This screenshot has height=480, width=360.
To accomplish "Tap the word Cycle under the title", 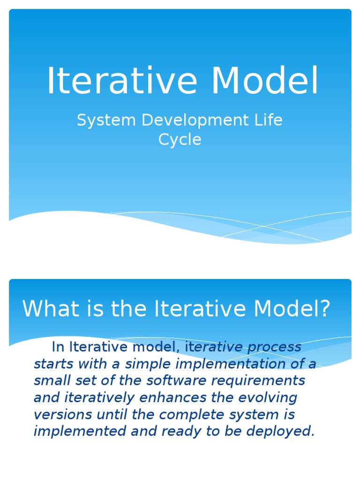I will (x=180, y=139).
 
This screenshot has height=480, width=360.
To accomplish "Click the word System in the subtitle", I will (x=106, y=120).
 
